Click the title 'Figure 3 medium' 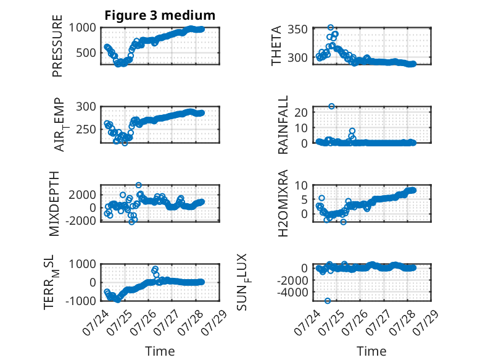(x=160, y=15)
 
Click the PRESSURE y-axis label (x=57, y=46)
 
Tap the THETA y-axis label (x=276, y=46)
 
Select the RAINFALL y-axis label (x=283, y=125)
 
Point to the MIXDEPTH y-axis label (x=54, y=204)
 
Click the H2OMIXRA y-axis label (x=283, y=203)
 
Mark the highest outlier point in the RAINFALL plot (x=331, y=106)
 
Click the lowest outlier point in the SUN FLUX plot (x=328, y=301)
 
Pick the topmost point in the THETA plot (x=330, y=28)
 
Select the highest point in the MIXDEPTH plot (x=139, y=185)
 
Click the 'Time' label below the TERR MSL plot (x=160, y=351)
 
